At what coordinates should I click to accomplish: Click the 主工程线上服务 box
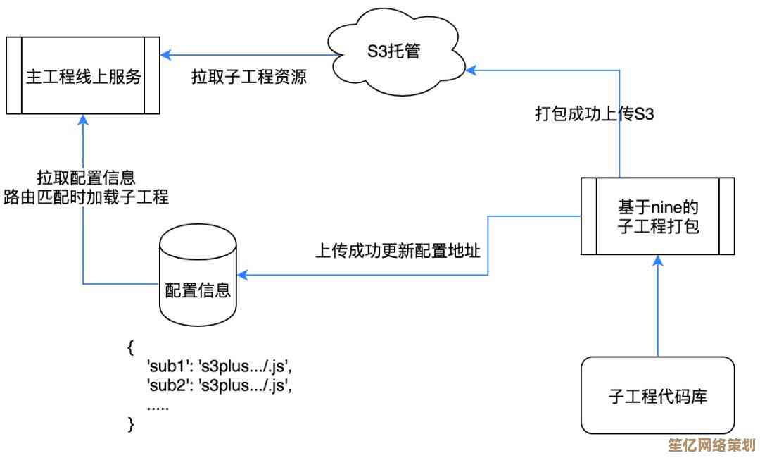[x=84, y=76]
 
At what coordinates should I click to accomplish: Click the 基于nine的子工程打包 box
[x=657, y=216]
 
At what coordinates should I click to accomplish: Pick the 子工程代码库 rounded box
[x=657, y=395]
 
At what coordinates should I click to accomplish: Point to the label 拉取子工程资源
[x=249, y=77]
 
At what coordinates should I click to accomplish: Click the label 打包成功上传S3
[x=595, y=114]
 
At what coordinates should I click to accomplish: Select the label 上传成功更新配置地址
[x=398, y=251]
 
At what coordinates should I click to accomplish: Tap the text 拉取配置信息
[x=86, y=177]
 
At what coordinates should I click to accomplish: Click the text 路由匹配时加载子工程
[x=86, y=197]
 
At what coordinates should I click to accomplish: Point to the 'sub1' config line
[x=218, y=367]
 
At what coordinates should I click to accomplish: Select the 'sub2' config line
[x=218, y=385]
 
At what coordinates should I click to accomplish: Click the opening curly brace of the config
[x=131, y=348]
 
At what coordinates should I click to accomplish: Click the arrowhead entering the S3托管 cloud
[x=472, y=69]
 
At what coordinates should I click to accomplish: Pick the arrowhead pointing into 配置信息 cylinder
[x=242, y=274]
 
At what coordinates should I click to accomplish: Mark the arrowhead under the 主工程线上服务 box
[x=84, y=119]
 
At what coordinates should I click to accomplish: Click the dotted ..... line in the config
[x=158, y=405]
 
